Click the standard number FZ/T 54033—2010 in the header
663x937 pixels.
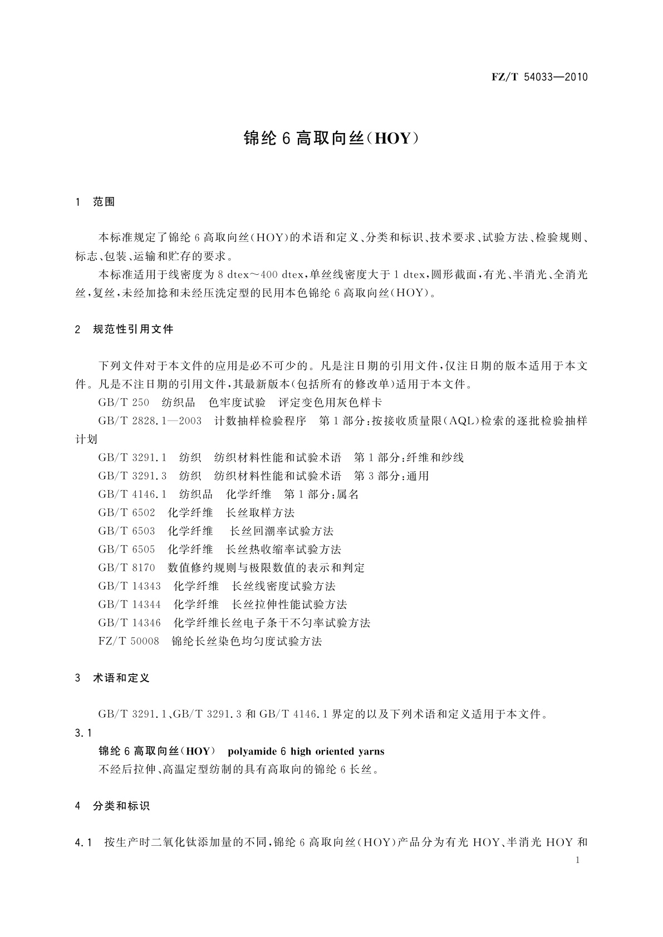pyautogui.click(x=539, y=77)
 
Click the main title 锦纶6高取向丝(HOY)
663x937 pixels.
pyautogui.click(x=331, y=139)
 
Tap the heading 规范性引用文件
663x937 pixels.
pyautogui.click(x=133, y=329)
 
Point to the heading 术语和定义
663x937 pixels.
pyautogui.click(x=121, y=678)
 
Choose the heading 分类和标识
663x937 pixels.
pyautogui.click(x=121, y=806)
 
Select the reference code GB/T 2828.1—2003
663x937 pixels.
pyautogui.click(x=150, y=421)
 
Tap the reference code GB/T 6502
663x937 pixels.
pyautogui.click(x=126, y=512)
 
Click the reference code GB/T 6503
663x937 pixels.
pyautogui.click(x=126, y=531)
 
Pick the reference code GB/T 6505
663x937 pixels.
pyautogui.click(x=126, y=549)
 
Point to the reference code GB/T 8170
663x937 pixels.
pyautogui.click(x=126, y=568)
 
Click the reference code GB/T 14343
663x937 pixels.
pyautogui.click(x=129, y=586)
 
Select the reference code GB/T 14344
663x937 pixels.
pyautogui.click(x=129, y=604)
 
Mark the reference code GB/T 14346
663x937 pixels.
pyautogui.click(x=129, y=623)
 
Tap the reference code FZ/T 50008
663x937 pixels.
pyautogui.click(x=129, y=641)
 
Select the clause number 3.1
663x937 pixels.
pyautogui.click(x=83, y=733)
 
